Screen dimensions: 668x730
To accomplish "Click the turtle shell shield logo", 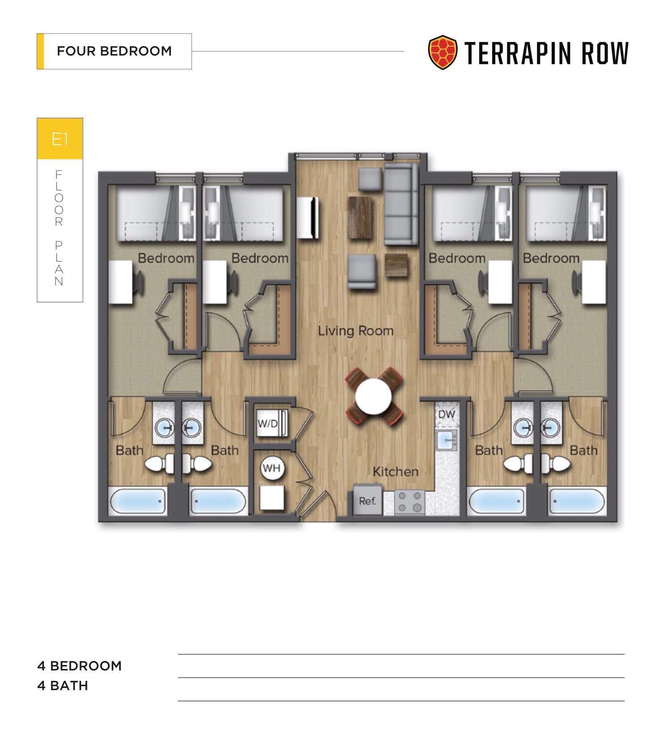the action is click(442, 52).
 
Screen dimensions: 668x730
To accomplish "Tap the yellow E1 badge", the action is click(60, 139).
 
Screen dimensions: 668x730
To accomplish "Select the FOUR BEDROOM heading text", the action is click(114, 51).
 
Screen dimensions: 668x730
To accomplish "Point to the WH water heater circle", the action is click(272, 468).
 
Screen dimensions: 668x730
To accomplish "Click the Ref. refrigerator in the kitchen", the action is click(367, 500).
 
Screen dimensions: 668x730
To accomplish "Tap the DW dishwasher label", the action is click(446, 414).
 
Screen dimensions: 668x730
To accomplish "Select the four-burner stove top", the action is click(409, 502).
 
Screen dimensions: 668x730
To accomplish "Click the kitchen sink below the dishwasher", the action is click(446, 440).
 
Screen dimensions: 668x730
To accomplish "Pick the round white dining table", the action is click(373, 396).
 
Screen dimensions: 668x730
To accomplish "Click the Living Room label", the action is click(356, 331).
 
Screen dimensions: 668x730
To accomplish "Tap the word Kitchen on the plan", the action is click(396, 472).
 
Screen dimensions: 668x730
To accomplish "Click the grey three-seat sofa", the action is click(401, 204).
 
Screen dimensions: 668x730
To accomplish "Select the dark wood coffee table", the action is click(360, 217).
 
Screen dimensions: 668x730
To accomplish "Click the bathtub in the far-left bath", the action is click(138, 501).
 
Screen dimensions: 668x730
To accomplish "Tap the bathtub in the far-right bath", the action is click(577, 501).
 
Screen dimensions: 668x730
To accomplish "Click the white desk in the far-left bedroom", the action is click(121, 282).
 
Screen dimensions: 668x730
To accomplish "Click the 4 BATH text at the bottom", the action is click(63, 686).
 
